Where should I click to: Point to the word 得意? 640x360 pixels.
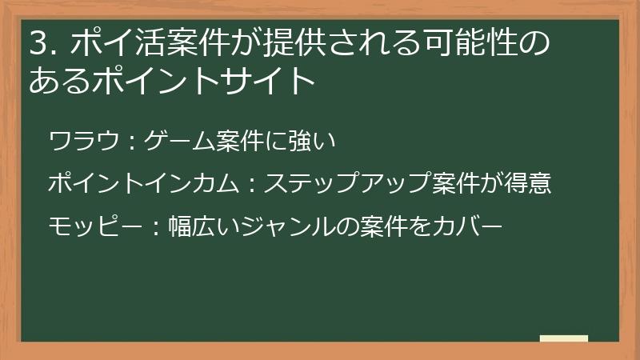click(529, 185)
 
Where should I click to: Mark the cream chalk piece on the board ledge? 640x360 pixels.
click(564, 339)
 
